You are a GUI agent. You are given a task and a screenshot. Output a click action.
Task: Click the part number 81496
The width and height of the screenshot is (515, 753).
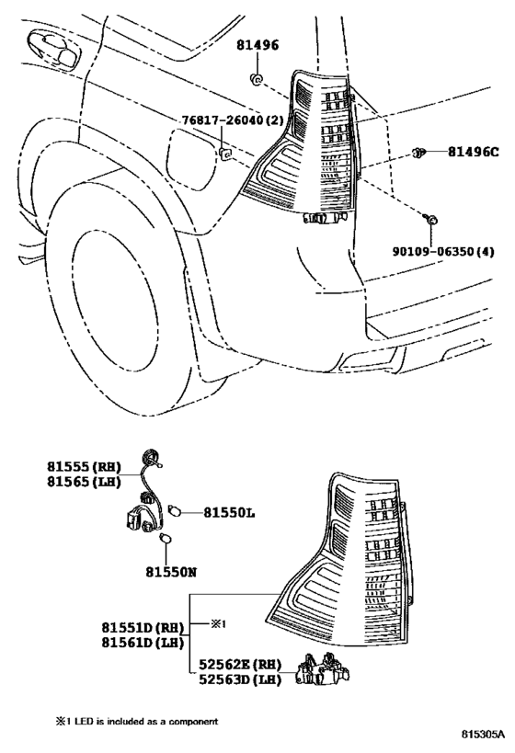point(257,45)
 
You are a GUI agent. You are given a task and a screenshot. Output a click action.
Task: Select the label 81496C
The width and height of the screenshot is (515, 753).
point(474,153)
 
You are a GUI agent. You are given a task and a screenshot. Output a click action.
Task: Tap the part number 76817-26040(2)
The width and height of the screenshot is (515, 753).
point(233,120)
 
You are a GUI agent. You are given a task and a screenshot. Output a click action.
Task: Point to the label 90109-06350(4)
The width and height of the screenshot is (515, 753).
point(443,251)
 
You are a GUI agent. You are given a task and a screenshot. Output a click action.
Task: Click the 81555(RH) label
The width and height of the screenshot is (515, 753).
point(84,466)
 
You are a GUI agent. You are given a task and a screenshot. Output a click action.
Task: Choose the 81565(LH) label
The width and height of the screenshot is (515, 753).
point(84,482)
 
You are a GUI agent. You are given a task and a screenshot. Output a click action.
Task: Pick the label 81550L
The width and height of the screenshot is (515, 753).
point(229,513)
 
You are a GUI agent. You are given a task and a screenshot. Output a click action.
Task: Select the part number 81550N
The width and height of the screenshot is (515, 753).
point(171,573)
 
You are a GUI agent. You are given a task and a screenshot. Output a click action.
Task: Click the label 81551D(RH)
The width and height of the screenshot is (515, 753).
point(143,628)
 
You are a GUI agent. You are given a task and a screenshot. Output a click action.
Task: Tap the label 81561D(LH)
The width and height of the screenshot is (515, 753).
point(143,643)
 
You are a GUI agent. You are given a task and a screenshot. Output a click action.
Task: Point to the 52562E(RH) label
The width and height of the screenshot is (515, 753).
point(240,665)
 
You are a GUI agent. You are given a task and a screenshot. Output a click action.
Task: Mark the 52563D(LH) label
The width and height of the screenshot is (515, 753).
point(240,679)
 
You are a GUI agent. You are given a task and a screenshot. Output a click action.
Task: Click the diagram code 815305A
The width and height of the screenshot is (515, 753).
point(484,734)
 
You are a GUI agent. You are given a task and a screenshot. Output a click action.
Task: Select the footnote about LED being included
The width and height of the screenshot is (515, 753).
point(137,722)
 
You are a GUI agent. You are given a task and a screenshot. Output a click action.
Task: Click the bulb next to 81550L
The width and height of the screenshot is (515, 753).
point(175,511)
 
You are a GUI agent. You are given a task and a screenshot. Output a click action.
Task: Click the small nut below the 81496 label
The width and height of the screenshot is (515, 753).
point(257,79)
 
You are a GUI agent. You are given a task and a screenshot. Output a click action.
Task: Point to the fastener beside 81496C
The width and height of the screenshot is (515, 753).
point(418,154)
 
